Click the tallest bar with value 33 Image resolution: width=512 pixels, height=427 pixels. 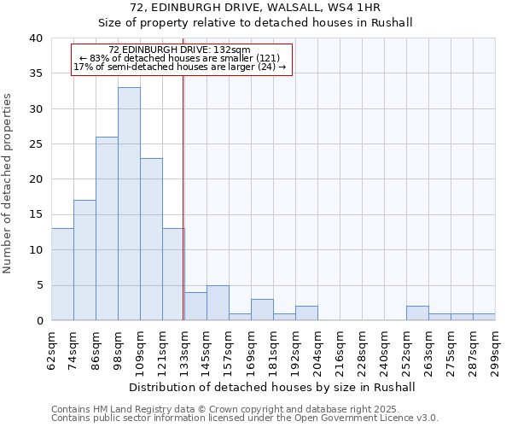129,203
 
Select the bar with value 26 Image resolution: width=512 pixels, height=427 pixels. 107,228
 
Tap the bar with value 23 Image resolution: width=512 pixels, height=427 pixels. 151,239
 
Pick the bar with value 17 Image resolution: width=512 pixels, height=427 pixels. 84,260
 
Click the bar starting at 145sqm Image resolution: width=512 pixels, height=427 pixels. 218,302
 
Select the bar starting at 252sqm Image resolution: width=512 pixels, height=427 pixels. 417,313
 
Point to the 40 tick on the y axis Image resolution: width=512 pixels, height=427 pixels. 36,38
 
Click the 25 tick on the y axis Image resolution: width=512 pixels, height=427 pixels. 36,144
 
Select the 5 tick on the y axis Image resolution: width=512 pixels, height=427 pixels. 39,285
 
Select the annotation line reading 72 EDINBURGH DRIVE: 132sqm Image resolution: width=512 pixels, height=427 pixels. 180,50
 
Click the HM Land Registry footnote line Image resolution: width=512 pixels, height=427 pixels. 226,409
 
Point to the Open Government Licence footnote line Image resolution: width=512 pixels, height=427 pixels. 245,418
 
